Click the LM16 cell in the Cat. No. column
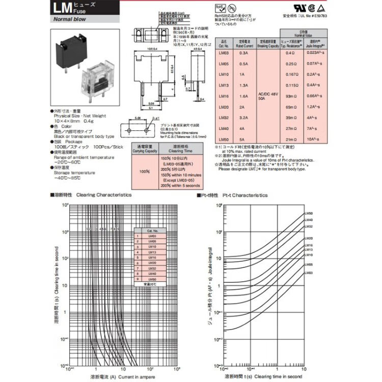[x=223, y=96]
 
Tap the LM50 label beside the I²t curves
[x=308, y=213]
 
